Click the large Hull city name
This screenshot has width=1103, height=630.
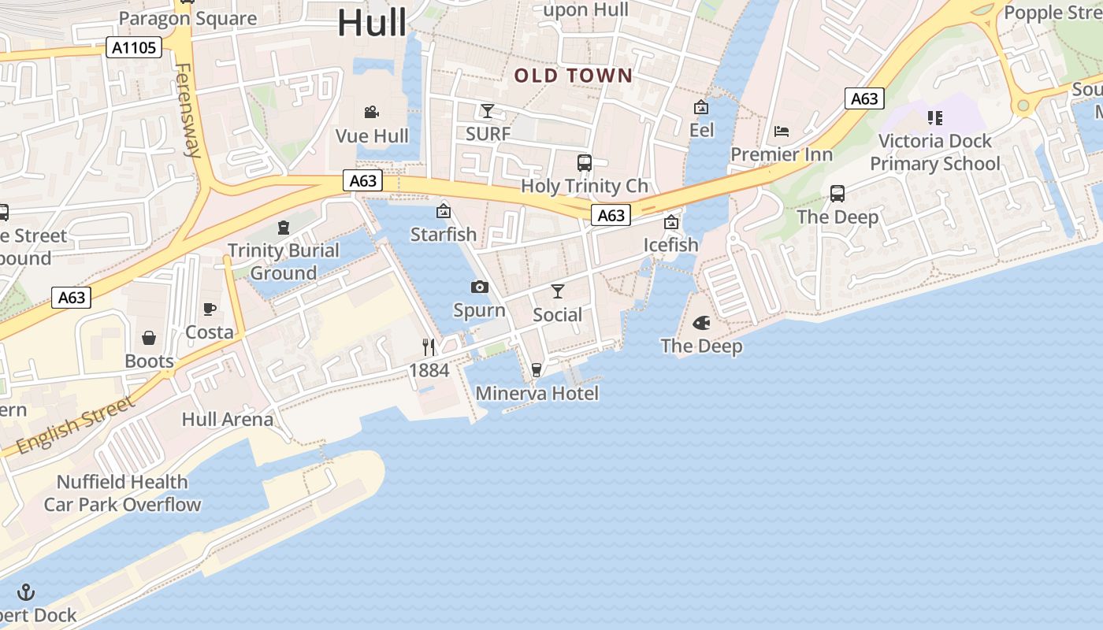click(372, 22)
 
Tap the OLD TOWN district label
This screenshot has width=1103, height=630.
click(574, 76)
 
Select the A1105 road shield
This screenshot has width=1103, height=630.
click(134, 48)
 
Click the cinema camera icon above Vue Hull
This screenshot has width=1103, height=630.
click(372, 113)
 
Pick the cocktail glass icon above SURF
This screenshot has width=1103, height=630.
click(488, 110)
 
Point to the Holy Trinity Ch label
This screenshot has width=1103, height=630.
click(585, 186)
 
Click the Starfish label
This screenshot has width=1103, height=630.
click(444, 234)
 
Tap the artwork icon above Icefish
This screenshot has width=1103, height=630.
click(671, 223)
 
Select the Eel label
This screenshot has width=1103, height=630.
click(701, 129)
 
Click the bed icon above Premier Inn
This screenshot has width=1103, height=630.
click(782, 131)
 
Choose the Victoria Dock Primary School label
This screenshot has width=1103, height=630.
click(934, 152)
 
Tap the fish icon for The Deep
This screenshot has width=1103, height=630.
click(701, 323)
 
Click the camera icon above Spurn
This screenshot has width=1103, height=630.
click(479, 287)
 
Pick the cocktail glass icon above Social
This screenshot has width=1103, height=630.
click(558, 291)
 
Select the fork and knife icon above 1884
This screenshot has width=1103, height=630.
click(429, 346)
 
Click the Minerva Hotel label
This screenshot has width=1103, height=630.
click(537, 393)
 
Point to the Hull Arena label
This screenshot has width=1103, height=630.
click(228, 419)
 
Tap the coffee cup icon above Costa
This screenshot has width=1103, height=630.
click(210, 309)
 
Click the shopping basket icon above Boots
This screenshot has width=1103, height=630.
click(149, 339)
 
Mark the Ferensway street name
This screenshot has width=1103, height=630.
click(189, 110)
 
